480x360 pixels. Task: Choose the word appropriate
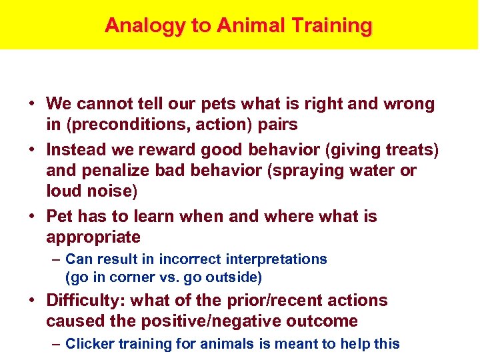tap(93, 237)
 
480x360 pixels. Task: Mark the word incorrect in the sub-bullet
tap(192, 259)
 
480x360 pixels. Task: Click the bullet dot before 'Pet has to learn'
tap(32, 217)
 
